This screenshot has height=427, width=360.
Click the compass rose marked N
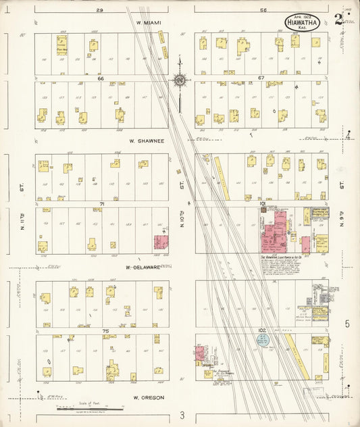tap(180, 80)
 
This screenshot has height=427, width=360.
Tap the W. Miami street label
tap(149, 23)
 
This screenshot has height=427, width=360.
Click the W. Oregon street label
tap(149, 397)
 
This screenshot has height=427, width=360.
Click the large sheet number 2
tap(338, 18)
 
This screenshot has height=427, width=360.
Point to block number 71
tap(102, 203)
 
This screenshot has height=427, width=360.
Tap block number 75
tap(105, 330)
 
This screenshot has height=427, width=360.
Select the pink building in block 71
tap(161, 242)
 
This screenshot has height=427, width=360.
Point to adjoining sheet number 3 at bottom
tap(181, 415)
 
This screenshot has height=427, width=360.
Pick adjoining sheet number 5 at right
tap(347, 324)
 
